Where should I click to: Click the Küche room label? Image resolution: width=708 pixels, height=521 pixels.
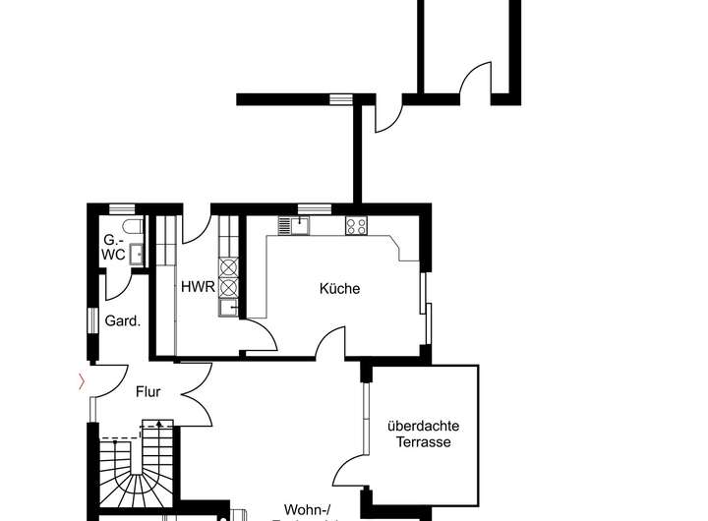pos(339,289)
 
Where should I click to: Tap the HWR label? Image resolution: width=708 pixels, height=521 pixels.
pos(193,288)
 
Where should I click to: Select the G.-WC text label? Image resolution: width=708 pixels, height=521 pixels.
pos(114,247)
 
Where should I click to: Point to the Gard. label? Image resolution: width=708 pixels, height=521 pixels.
pos(124,320)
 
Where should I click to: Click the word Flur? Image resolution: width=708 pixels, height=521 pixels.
pos(147,392)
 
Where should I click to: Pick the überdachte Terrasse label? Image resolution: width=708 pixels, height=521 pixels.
pos(424,434)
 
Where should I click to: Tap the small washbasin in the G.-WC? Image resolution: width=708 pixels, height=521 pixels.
pos(138,254)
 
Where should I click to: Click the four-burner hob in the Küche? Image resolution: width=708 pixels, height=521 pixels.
pos(356,226)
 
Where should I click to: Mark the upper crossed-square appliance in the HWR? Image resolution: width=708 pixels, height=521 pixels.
pos(229,266)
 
